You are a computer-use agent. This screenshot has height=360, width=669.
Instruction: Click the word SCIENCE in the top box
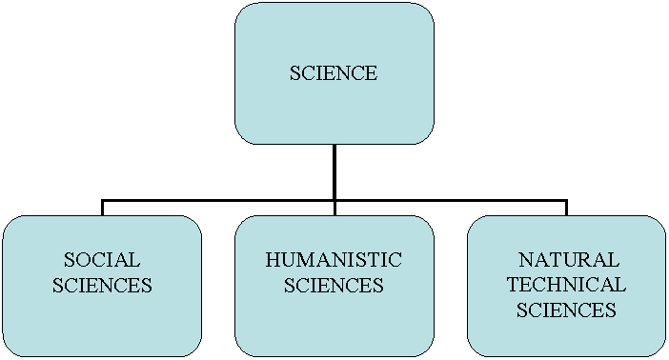pos(334,73)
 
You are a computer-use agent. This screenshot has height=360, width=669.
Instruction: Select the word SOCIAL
pos(102,260)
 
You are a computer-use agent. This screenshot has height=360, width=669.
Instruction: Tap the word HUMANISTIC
pos(334,260)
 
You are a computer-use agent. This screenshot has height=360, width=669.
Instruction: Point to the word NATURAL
pos(568,260)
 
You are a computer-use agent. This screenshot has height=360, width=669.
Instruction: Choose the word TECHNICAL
pos(566,285)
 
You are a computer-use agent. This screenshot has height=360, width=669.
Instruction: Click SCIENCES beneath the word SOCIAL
pos(102,285)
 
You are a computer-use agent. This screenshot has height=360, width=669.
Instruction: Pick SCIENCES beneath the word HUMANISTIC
pos(334,285)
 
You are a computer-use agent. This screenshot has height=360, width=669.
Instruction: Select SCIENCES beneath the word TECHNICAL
pos(566,310)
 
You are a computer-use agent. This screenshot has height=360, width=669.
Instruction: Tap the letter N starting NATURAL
pos(524,260)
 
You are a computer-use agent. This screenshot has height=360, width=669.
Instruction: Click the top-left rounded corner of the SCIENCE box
pos(241,10)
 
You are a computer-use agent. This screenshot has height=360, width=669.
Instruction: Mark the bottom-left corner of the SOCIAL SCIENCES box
pos(9,350)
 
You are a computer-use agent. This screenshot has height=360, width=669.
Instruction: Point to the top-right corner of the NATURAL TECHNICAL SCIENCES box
pos(659,223)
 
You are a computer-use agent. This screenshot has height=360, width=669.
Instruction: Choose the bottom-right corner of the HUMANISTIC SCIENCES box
pos(427,350)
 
